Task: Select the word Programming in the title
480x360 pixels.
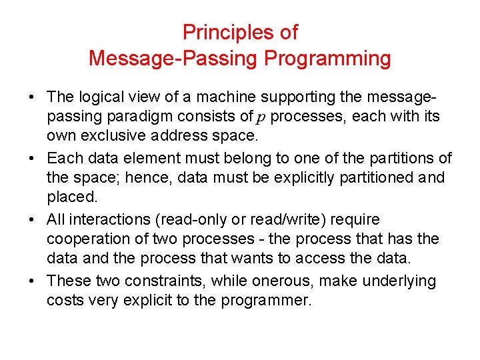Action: [327, 58]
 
